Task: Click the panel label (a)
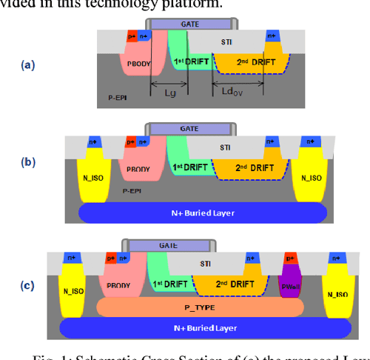(28, 64)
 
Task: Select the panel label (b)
(28, 160)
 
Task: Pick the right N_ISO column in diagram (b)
(312, 178)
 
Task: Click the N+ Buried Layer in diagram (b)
(203, 213)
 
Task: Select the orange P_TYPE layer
(198, 304)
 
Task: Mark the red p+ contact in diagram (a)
(132, 36)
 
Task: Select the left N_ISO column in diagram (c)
(72, 284)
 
